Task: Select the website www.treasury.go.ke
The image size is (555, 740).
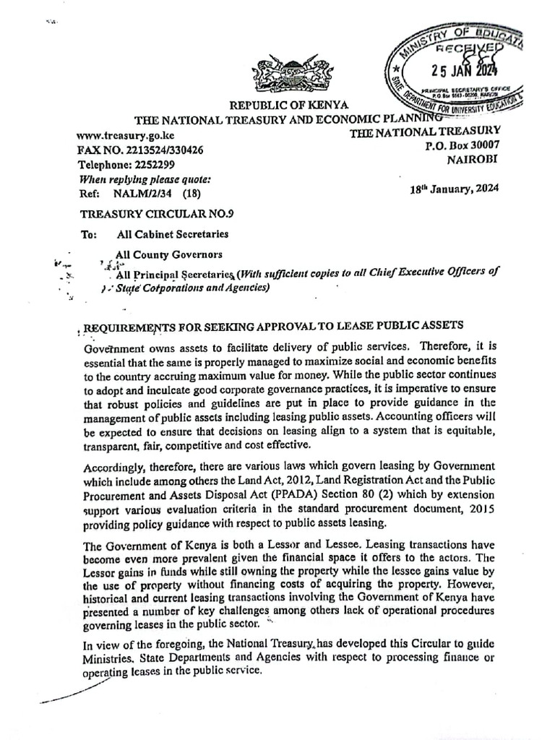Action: tap(124, 135)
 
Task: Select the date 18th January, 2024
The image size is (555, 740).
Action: tap(453, 189)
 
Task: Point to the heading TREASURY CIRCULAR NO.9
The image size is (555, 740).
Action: tap(156, 213)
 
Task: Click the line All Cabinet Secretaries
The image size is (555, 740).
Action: tap(172, 233)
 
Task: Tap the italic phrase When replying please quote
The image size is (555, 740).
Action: tap(144, 178)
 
